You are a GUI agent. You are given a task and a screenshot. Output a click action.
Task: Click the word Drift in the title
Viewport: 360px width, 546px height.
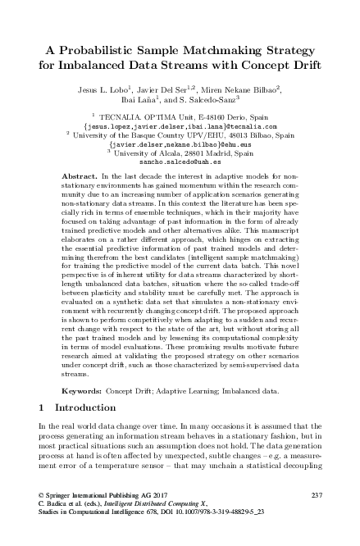(302, 65)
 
